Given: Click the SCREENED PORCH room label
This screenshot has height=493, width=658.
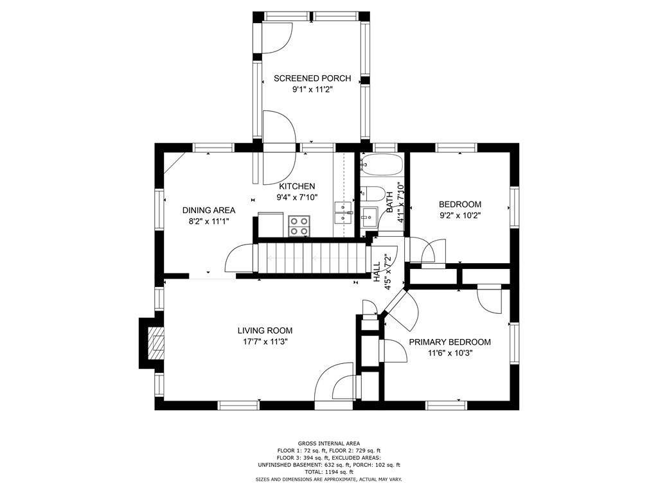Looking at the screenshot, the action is coord(312,78).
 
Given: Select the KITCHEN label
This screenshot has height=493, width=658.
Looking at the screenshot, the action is coord(297,187).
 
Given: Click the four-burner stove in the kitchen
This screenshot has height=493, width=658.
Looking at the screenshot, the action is coord(299,226).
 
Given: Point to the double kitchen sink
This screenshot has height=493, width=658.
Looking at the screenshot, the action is coord(343,212).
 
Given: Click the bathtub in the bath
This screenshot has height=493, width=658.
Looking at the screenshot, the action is coord(382,165).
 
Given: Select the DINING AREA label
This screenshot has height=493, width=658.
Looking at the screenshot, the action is coord(209,211).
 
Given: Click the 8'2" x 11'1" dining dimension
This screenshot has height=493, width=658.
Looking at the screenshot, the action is coord(209,221).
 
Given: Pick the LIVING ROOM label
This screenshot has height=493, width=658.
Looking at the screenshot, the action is coord(265,331).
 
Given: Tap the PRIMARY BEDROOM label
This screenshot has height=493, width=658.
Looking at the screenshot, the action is coord(450,342).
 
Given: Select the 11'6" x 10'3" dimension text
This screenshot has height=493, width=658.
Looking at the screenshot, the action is coord(450,353).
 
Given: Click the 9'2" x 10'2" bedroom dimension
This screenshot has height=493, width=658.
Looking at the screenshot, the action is coord(460,216).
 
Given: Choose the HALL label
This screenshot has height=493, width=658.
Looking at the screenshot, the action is coord(377,272).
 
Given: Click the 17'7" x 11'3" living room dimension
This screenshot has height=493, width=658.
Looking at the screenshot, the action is coord(265,342).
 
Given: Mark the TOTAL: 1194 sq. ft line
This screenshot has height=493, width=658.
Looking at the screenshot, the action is coord(329,472).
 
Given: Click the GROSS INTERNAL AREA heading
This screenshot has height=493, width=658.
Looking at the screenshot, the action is coord(329,443).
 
